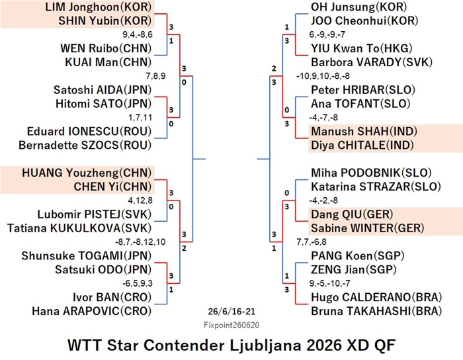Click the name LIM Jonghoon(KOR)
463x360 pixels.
(98, 7)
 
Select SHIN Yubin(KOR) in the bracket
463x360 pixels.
(105, 21)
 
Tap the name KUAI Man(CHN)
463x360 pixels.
(108, 62)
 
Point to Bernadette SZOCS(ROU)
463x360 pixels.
(85, 146)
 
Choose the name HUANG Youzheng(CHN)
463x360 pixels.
(87, 173)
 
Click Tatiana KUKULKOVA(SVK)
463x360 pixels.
(79, 228)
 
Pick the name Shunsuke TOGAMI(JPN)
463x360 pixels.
(86, 255)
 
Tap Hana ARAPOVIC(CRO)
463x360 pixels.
(91, 311)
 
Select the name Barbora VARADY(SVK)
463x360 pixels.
(372, 62)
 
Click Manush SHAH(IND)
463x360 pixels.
(364, 132)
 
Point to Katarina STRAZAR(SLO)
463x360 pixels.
(376, 187)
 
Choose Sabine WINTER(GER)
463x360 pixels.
(368, 228)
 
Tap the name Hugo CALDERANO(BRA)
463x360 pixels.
(376, 297)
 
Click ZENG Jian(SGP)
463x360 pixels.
(354, 269)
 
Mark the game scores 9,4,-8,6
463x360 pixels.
(138, 35)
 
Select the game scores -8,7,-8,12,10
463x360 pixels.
(140, 242)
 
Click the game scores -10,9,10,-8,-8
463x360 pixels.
(323, 76)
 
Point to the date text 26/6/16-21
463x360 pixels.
(232, 312)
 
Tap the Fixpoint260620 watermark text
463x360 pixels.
(232, 326)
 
